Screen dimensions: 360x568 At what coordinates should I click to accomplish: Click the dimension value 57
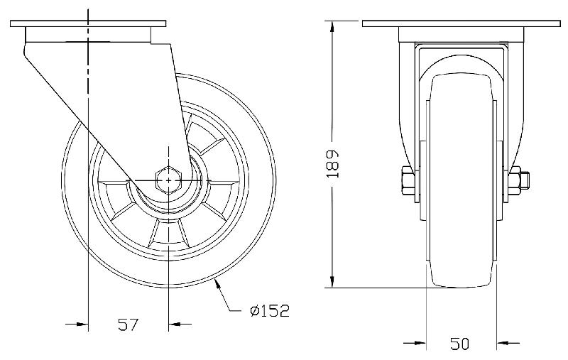coord(127,325)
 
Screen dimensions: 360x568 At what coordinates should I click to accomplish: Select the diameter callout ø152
coord(269,311)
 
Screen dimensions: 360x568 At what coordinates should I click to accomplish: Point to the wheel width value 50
coord(460,344)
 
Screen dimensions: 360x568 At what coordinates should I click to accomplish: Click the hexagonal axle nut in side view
coord(168,181)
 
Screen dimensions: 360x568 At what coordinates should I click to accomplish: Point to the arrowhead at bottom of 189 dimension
coord(332,282)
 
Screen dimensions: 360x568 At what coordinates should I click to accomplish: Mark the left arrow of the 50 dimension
coord(418,344)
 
